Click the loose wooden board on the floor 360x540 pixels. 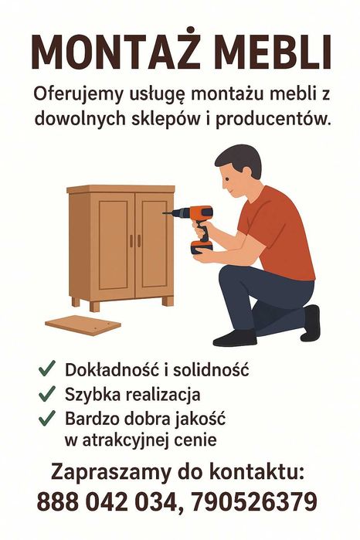[x=83, y=324]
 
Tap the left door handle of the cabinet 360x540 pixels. [x=131, y=241]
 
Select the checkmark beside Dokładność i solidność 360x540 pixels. [x=47, y=368]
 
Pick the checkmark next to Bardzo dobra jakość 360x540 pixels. [x=47, y=418]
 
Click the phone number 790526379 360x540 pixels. [x=253, y=501]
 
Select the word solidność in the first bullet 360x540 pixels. [x=211, y=370]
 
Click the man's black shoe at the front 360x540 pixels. [x=236, y=338]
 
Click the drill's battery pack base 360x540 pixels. [x=202, y=248]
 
